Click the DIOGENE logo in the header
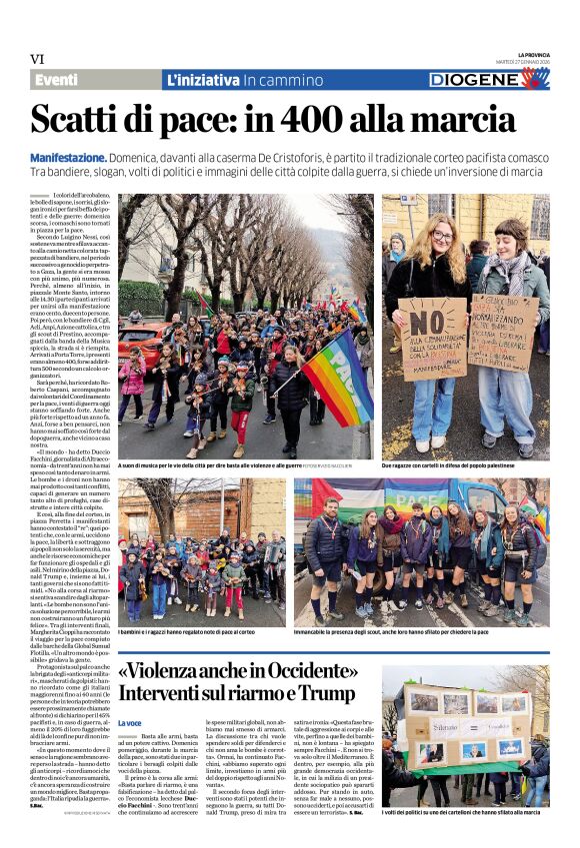click(x=489, y=79)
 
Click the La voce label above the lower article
click(x=130, y=722)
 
